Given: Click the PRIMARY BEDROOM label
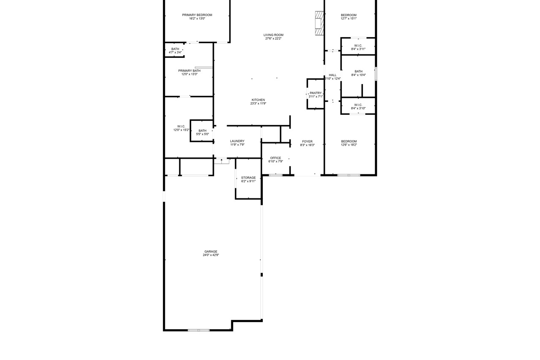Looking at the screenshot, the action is pyautogui.click(x=197, y=15).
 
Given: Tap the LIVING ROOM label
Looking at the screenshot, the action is pyautogui.click(x=273, y=35).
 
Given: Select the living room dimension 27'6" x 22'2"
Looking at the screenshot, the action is pyautogui.click(x=273, y=38).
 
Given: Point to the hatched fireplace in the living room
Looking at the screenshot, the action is pyautogui.click(x=319, y=23).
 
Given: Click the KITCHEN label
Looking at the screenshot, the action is pyautogui.click(x=258, y=100).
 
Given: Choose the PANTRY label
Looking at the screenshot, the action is pyautogui.click(x=316, y=93).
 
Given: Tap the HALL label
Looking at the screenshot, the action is pyautogui.click(x=332, y=75).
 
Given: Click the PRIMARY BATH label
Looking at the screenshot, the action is pyautogui.click(x=189, y=71).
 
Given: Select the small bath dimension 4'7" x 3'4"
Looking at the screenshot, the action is pyautogui.click(x=175, y=53).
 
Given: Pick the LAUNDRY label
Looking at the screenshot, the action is pyautogui.click(x=237, y=141).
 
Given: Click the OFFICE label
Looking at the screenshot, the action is pyautogui.click(x=275, y=158).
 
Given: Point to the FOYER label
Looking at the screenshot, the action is pyautogui.click(x=308, y=142).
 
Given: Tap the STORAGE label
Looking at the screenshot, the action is pyautogui.click(x=248, y=178).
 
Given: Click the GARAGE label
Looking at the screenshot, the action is pyautogui.click(x=211, y=252).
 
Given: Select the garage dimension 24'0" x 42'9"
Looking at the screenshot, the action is pyautogui.click(x=211, y=255).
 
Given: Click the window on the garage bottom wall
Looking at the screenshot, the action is pyautogui.click(x=199, y=330).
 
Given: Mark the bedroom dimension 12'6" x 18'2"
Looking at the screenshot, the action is pyautogui.click(x=349, y=145).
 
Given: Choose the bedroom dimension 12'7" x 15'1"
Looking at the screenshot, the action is pyautogui.click(x=348, y=19).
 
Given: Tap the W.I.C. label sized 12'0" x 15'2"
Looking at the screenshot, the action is pyautogui.click(x=181, y=127).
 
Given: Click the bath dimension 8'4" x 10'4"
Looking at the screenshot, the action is pyautogui.click(x=359, y=75).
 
